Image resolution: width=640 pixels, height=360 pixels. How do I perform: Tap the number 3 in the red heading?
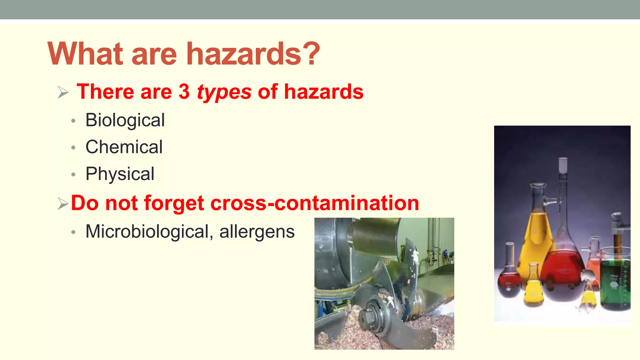(184, 92)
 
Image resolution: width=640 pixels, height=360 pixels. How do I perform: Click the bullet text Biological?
(125, 120)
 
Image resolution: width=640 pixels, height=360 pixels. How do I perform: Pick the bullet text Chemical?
(124, 147)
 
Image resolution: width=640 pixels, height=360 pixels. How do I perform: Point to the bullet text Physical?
(120, 174)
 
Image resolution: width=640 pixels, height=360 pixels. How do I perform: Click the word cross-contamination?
(315, 203)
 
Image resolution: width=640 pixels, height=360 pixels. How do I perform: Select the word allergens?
(257, 232)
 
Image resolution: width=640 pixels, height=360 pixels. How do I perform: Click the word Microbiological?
(147, 232)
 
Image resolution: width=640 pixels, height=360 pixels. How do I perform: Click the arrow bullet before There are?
(63, 92)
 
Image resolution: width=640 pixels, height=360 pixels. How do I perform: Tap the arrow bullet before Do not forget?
(63, 204)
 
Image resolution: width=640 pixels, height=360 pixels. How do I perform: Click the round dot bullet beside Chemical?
(73, 147)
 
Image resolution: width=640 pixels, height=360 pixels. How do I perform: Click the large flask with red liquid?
(562, 275)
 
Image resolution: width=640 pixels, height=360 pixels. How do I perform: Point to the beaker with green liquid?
(614, 281)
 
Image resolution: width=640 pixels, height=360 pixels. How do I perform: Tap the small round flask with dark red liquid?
(509, 281)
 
